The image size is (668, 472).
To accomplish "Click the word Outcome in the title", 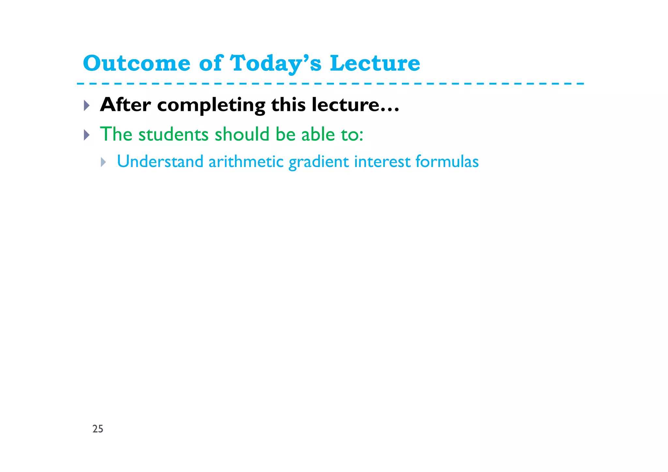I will [136, 63].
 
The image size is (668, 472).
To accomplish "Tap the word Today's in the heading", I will [276, 63].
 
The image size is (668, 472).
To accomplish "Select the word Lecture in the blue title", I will [375, 63].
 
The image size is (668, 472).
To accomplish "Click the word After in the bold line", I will [125, 105].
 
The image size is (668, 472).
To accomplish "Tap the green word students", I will [173, 134].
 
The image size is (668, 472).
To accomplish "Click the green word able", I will [318, 134].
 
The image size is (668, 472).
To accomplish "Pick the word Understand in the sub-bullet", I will [160, 161].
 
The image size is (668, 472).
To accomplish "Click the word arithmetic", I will [246, 161].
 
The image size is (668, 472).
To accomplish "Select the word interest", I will [382, 161].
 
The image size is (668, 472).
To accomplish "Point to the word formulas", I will [447, 161].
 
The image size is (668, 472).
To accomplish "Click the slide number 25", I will [98, 429].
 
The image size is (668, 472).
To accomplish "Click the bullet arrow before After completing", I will [86, 105].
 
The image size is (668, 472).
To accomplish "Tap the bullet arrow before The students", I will [86, 135].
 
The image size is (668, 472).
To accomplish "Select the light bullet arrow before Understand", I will [103, 162].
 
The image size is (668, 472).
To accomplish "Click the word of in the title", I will [210, 63].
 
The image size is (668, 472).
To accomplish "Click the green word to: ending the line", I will [352, 134].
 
